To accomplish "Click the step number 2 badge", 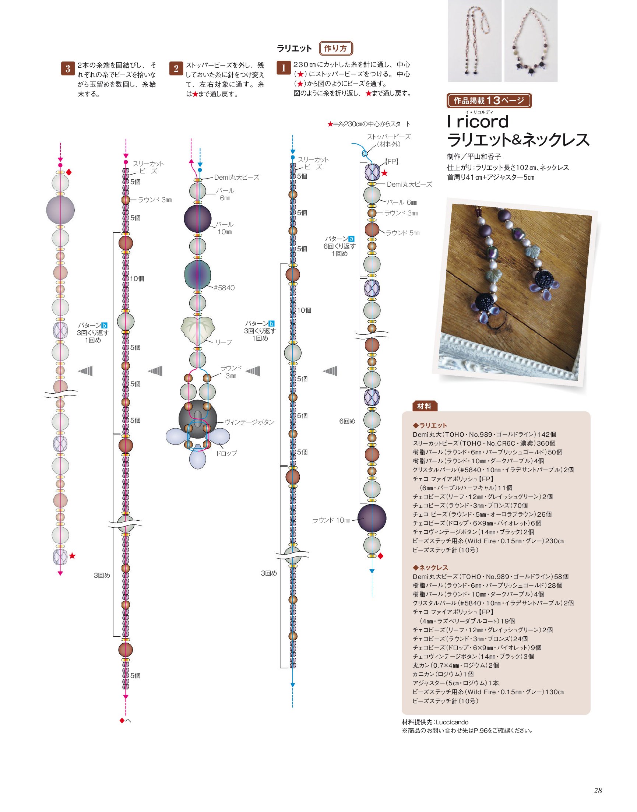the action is [176, 68].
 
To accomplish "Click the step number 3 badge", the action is [68, 68].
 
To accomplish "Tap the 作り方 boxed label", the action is [336, 48].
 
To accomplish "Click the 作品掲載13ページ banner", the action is [489, 100].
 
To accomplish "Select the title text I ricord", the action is [478, 122].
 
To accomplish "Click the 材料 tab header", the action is [425, 406].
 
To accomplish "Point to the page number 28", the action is [598, 790].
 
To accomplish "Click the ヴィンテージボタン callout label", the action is [249, 422].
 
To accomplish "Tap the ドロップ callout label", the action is [226, 454].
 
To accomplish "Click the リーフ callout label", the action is [224, 342].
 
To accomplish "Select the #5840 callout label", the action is [224, 288].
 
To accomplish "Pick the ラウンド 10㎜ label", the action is [331, 520].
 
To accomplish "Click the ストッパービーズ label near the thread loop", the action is [388, 137].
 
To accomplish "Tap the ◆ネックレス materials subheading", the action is [431, 568].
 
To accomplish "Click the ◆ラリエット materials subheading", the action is [430, 426].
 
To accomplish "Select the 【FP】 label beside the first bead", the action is [392, 162].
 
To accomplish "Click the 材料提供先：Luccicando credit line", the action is [435, 723].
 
